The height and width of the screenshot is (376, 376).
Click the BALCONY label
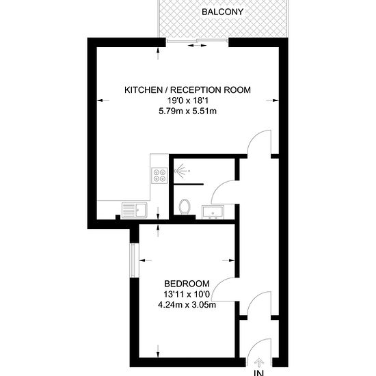tap(222, 12)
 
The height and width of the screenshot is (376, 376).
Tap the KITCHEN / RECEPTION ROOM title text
tap(187, 90)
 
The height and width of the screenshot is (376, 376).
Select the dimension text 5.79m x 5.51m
tap(187, 111)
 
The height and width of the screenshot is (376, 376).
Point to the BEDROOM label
tap(187, 284)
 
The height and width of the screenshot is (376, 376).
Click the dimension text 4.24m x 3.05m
tap(187, 305)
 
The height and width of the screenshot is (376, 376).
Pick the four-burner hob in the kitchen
tap(160, 176)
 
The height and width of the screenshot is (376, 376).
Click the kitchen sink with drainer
tap(135, 211)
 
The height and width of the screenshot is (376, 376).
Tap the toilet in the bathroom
tap(185, 206)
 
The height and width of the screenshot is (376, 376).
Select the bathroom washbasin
tap(213, 212)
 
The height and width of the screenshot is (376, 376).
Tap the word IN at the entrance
tap(258, 373)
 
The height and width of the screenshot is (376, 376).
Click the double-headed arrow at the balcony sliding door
tap(197, 45)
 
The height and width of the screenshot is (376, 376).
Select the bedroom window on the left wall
tap(135, 260)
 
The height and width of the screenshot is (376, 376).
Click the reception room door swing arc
tap(254, 137)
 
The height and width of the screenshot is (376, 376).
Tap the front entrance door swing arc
tap(254, 346)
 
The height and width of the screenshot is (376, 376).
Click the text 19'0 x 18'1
tap(187, 100)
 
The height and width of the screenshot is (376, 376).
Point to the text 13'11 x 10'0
tap(187, 294)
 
